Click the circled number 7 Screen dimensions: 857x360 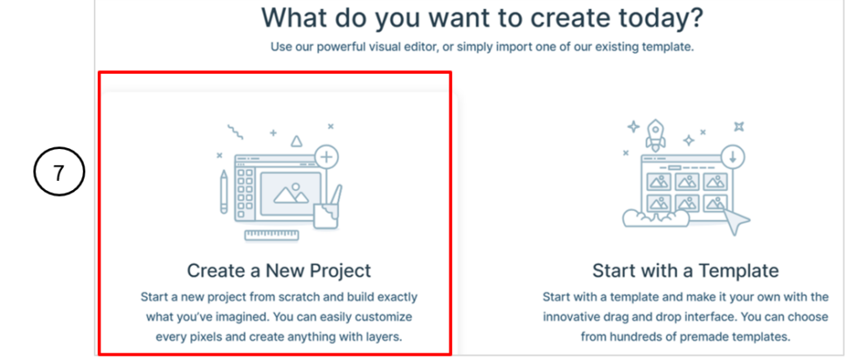click(x=59, y=173)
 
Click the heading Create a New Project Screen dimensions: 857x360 click(x=279, y=270)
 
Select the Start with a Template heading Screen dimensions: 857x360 click(x=685, y=270)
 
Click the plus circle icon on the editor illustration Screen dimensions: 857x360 click(x=326, y=157)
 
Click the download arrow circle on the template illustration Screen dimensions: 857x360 click(x=732, y=157)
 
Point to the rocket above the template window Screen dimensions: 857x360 click(x=655, y=135)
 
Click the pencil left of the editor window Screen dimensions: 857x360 click(x=223, y=192)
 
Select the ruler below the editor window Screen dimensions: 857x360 click(x=272, y=236)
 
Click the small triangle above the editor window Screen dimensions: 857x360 click(x=295, y=141)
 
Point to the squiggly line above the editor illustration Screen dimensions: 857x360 click(x=236, y=132)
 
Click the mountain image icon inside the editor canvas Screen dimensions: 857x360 click(x=290, y=194)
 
